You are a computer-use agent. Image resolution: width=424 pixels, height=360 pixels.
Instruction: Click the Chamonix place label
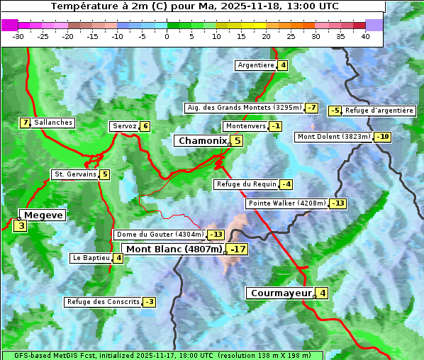[202, 141]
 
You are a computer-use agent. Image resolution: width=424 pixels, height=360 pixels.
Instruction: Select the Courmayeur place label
[281, 293]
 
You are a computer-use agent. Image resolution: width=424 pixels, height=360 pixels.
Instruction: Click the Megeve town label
[43, 215]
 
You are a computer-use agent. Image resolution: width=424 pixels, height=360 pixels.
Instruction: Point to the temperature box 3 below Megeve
[21, 227]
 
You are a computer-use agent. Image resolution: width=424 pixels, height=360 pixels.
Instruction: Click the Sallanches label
[53, 123]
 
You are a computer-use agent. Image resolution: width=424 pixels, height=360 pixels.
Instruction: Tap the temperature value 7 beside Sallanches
[26, 123]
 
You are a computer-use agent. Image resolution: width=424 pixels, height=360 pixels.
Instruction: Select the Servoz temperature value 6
[145, 126]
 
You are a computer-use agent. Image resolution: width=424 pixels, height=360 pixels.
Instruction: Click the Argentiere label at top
[256, 65]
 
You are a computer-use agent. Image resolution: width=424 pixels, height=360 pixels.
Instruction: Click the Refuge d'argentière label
[379, 111]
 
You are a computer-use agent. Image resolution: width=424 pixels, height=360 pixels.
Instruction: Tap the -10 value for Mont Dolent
[383, 137]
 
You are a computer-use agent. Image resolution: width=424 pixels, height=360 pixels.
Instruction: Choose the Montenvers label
[245, 126]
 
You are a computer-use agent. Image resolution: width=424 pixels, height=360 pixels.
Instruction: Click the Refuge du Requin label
[246, 184]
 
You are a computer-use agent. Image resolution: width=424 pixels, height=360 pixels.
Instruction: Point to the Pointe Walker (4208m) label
[287, 203]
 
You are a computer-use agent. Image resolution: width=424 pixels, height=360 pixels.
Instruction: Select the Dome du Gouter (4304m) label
[160, 235]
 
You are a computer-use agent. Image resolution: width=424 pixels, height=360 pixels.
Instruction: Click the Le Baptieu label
[91, 258]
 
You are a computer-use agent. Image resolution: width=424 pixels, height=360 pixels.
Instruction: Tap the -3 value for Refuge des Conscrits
[149, 302]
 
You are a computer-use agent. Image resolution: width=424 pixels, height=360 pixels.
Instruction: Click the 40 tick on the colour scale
[365, 36]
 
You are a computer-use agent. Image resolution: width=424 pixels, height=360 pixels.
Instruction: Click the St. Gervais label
[74, 174]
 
